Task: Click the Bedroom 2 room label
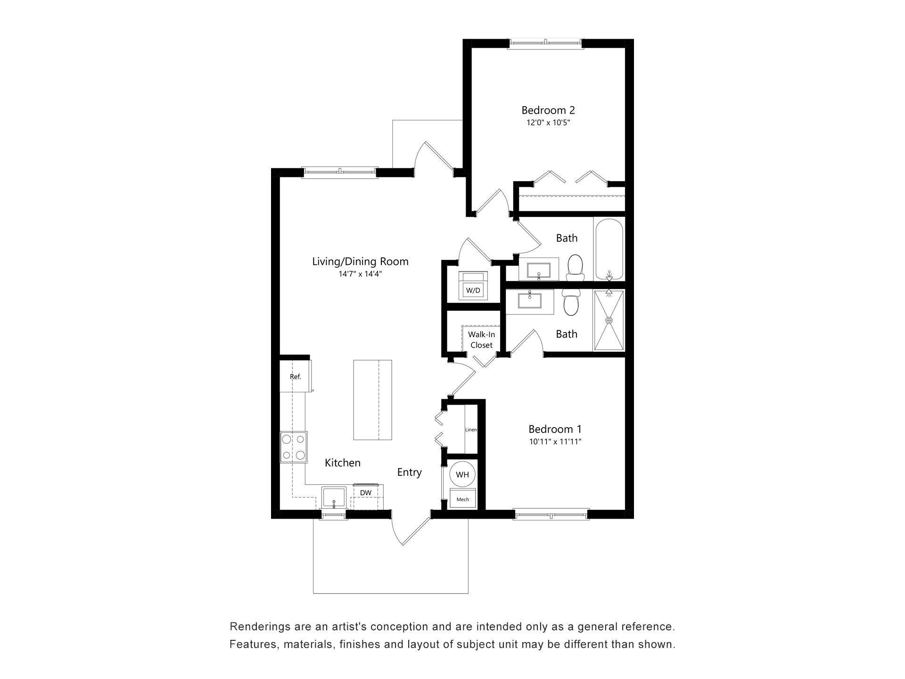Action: pos(548,110)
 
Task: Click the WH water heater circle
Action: pos(462,474)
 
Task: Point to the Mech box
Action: pos(462,499)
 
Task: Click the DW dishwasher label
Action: pos(365,493)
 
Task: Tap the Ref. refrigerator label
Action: pos(295,377)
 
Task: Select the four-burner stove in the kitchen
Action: pos(293,447)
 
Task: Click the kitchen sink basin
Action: pos(334,497)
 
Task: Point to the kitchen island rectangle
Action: pos(372,400)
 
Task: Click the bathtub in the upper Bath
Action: pos(609,250)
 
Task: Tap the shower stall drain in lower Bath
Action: pos(609,320)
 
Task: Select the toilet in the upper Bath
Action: pos(575,267)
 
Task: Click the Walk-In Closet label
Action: pos(481,339)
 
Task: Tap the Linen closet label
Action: pos(471,430)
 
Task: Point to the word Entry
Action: pos(409,472)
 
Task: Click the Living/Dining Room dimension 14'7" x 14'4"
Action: pos(360,274)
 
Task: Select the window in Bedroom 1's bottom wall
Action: pos(551,514)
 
